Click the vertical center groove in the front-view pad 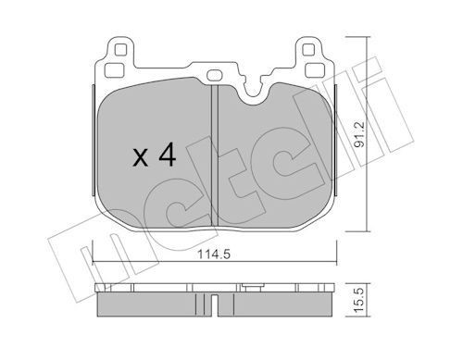(215, 153)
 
